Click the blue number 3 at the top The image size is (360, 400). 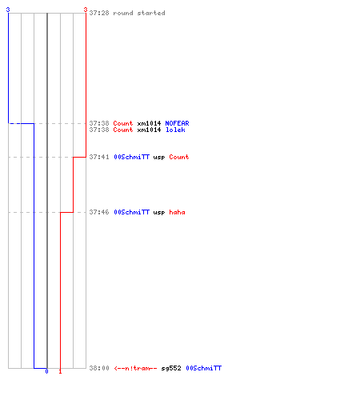(x=8, y=10)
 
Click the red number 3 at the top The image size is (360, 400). (x=86, y=10)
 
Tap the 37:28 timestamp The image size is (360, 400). (x=99, y=13)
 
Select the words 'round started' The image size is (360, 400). (x=139, y=13)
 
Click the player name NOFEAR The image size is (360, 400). (x=177, y=123)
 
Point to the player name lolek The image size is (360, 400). (x=175, y=130)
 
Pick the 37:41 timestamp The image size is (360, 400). (x=99, y=157)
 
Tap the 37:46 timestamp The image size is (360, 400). (x=99, y=212)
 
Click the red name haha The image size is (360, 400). (x=177, y=212)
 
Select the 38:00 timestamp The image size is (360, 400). (x=99, y=368)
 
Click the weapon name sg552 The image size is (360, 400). (x=171, y=368)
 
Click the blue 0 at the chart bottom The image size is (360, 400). (x=46, y=371)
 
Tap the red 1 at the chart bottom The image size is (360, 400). (x=60, y=371)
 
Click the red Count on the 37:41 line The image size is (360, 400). (x=179, y=157)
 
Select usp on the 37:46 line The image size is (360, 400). (x=159, y=213)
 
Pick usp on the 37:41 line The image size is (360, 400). (x=159, y=158)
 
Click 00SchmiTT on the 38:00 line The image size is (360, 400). (x=204, y=368)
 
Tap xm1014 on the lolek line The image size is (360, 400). (x=149, y=130)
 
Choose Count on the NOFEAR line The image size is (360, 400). (x=123, y=123)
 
